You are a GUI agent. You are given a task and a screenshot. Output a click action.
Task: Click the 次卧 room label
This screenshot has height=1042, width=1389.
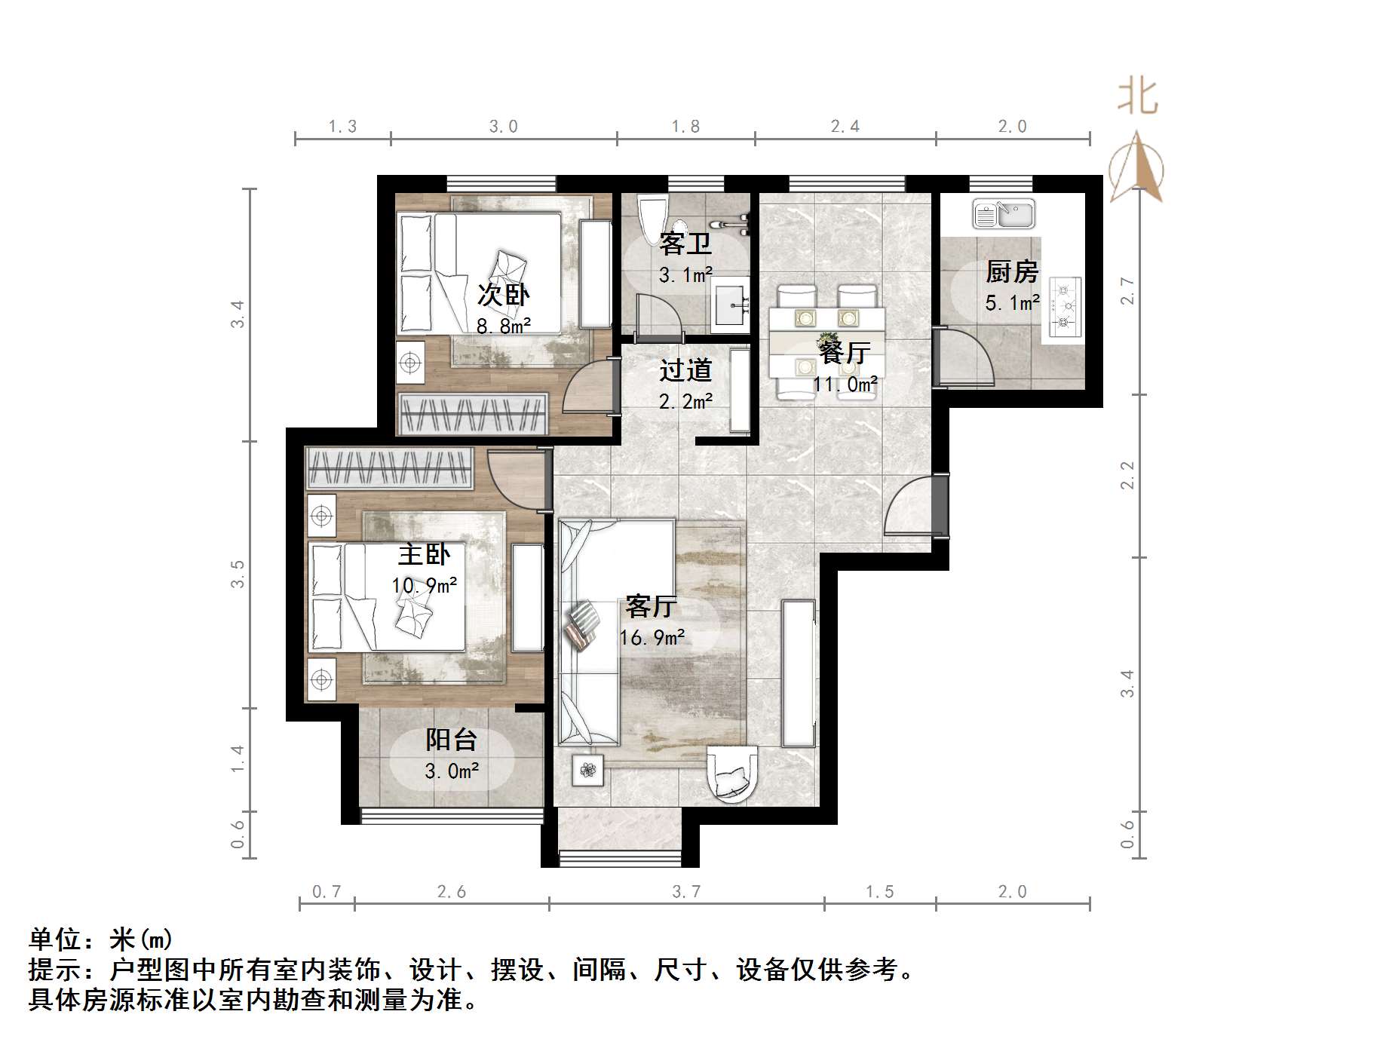click(503, 295)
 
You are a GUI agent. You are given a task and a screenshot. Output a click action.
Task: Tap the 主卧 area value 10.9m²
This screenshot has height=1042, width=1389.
click(424, 585)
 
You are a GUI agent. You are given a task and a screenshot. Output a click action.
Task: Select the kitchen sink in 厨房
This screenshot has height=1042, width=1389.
click(1004, 214)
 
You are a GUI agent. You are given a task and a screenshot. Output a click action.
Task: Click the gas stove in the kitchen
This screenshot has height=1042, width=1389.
click(1064, 306)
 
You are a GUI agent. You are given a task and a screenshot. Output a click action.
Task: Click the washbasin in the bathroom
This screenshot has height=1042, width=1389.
click(731, 305)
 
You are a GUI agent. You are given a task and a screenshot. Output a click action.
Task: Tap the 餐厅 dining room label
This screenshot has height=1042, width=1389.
click(845, 352)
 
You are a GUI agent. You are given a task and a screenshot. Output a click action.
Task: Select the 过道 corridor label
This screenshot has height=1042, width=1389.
click(685, 370)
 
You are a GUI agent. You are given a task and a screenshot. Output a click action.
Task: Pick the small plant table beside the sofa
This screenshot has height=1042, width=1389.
click(588, 770)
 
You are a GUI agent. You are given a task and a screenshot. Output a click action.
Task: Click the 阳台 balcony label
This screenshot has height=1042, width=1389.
click(451, 740)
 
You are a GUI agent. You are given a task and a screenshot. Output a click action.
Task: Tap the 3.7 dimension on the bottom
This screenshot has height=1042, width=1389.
click(686, 892)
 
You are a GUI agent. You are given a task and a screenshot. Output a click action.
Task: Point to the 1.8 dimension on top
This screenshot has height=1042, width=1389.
click(685, 127)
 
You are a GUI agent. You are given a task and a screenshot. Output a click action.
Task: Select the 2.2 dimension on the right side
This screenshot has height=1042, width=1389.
click(1127, 475)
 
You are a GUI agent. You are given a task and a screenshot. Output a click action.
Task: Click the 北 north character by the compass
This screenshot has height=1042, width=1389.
click(1137, 98)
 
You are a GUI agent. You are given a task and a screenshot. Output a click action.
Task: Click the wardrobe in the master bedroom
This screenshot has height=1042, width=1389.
click(389, 467)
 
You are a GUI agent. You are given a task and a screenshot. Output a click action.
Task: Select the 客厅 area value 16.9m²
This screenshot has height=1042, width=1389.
click(652, 638)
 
